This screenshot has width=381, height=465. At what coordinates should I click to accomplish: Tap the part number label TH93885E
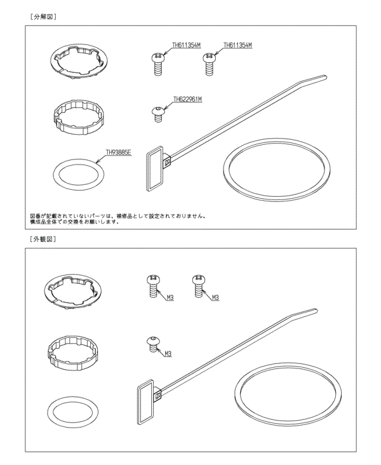coord(117,153)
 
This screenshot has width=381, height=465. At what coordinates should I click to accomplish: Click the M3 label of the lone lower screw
coord(169,353)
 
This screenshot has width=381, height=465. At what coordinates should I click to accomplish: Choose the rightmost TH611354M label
coord(238,46)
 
